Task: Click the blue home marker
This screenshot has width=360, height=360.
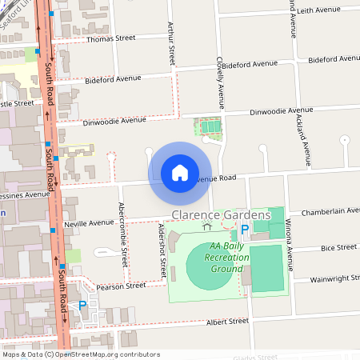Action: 180,172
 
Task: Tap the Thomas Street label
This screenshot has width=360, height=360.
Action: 110,38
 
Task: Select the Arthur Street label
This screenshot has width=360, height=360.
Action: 171,44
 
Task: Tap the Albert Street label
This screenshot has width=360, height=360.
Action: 227,321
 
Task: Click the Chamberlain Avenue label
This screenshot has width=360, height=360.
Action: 330,211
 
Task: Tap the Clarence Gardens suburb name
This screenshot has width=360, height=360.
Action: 222,215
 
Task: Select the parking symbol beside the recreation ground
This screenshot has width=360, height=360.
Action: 245,230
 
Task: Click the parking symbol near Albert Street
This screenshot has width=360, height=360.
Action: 82,305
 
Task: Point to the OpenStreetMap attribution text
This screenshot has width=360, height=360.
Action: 80,354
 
